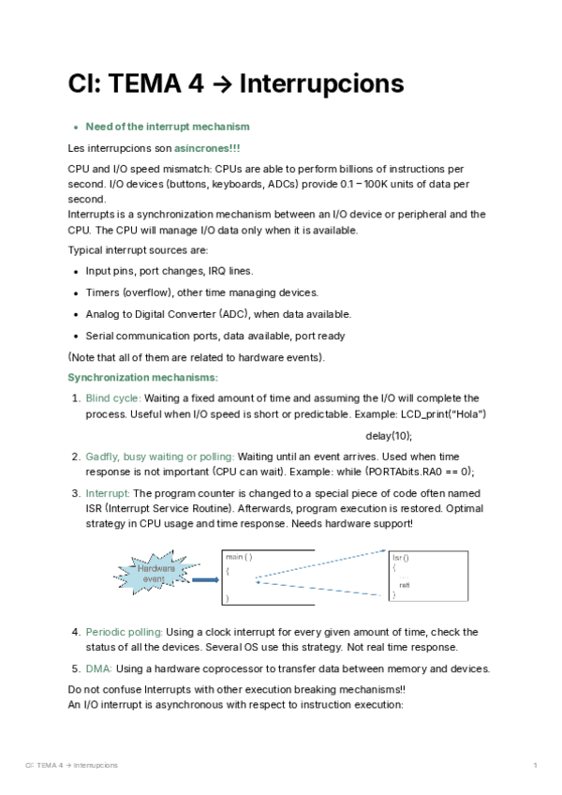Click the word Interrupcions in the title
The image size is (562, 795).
pos(321,84)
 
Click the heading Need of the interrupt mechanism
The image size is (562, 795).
pos(168,127)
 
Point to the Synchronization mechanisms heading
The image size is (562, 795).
pos(142,377)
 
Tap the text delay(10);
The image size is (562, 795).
pos(389,436)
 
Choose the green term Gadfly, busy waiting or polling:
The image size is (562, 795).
pos(160,457)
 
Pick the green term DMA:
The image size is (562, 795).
pos(99,668)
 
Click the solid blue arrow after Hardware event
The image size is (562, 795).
pos(204,579)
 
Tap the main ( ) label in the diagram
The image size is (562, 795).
pos(239,557)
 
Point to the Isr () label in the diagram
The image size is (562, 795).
pos(400,558)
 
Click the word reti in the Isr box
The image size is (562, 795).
pos(405,585)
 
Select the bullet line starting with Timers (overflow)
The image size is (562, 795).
pos(202,292)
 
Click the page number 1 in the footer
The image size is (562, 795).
pos(534,767)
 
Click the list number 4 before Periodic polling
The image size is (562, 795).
pos(76,632)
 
